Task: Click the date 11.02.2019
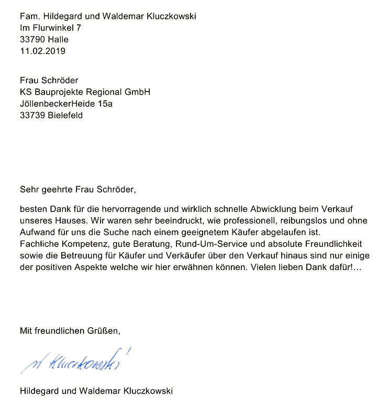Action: [x=43, y=51]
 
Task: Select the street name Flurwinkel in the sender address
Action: [x=53, y=28]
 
